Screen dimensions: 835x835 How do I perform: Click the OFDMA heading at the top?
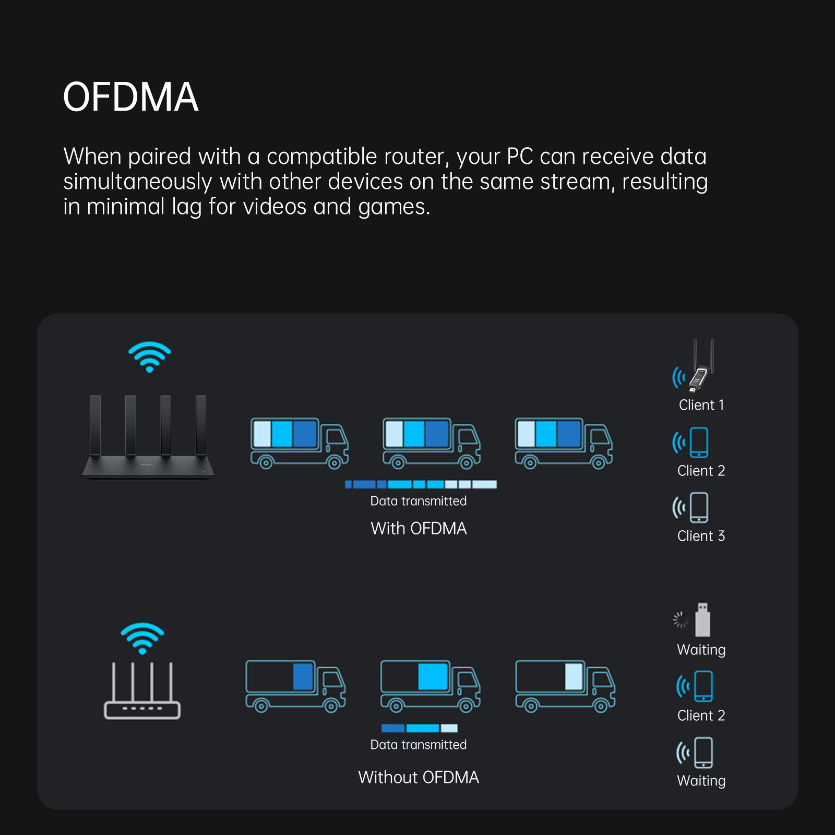point(130,97)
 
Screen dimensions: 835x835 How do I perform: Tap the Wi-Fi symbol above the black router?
point(150,356)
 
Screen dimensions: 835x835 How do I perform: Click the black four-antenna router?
point(148,438)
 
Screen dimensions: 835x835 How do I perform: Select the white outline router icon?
point(142,691)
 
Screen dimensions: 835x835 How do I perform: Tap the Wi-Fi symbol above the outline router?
point(142,638)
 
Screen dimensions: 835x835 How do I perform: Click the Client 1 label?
point(701,405)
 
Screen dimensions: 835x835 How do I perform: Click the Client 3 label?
point(701,536)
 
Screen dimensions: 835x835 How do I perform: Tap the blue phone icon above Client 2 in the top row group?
point(699,442)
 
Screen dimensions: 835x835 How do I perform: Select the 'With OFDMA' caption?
point(419,528)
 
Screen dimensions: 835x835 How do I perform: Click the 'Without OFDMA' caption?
point(419,777)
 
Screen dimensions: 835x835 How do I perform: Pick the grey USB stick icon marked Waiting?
point(702,620)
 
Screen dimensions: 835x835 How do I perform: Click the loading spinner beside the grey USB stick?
point(681,620)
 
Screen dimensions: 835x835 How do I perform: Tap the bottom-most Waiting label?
point(701,781)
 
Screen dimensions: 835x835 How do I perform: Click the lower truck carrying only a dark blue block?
point(295,686)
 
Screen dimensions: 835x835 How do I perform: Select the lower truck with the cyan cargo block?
point(430,686)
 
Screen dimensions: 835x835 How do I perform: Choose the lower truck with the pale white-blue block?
point(565,686)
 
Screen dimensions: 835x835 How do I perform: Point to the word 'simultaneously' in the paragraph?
point(138,182)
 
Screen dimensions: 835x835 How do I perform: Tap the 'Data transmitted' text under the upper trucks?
point(419,501)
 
